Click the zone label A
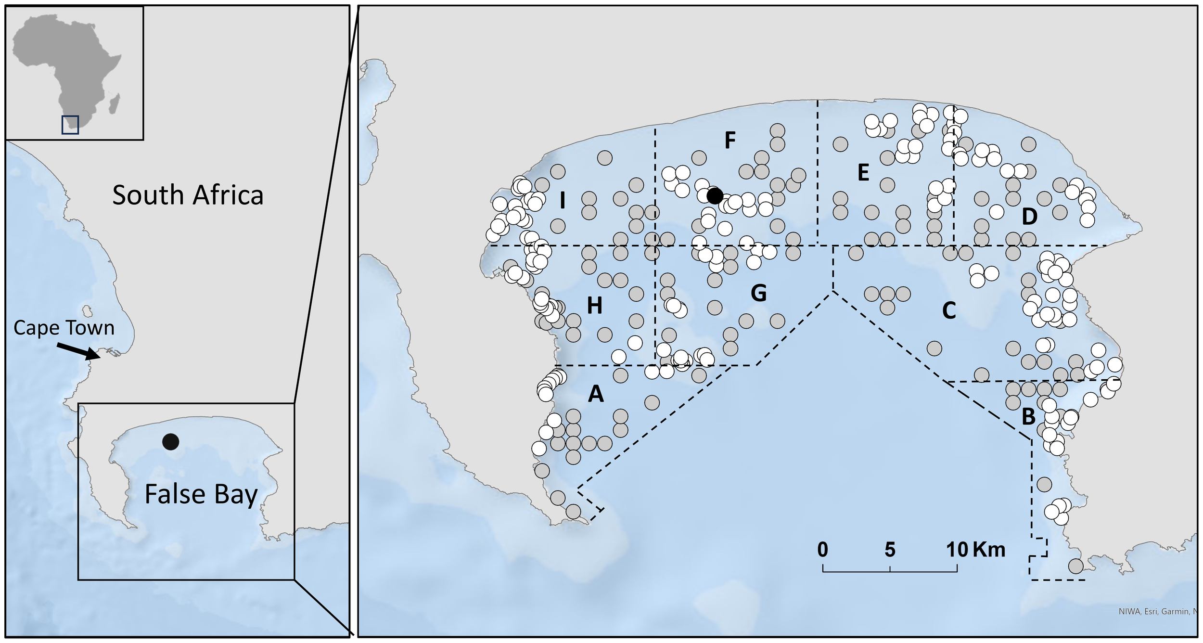[596, 395]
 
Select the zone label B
[1028, 417]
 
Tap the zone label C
[948, 311]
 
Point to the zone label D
[1029, 218]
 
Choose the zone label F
[730, 141]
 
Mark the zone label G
[758, 293]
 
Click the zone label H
[595, 306]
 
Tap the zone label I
[562, 201]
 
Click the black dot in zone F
[715, 196]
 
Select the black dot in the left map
[170, 441]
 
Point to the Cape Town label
[64, 328]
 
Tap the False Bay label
[201, 494]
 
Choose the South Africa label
[188, 195]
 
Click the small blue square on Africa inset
[70, 125]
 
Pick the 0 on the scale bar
[822, 549]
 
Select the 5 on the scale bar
[890, 549]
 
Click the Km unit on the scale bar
[989, 549]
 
